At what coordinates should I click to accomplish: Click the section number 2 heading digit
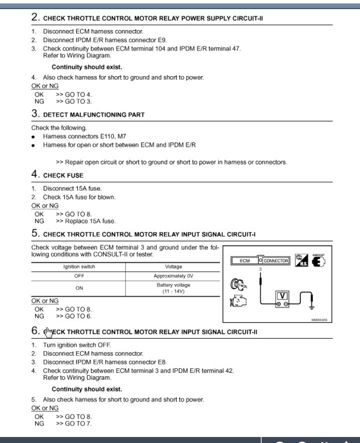(35, 17)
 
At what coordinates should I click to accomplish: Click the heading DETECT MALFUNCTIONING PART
(93, 115)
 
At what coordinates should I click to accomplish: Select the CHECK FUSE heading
(63, 175)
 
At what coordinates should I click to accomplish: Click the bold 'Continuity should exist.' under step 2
(87, 67)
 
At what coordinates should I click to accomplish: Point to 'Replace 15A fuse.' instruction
(85, 221)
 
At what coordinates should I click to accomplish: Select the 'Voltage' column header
(173, 267)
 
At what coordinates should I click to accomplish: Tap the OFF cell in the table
(79, 276)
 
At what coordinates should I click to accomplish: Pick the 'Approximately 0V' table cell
(173, 276)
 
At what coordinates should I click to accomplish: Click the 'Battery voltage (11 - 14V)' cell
(173, 288)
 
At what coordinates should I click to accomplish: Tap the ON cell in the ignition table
(79, 288)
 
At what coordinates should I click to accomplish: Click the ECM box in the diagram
(244, 261)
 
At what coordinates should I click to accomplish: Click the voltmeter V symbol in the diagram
(282, 296)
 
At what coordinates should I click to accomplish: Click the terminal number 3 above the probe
(260, 270)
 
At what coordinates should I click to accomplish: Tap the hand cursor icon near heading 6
(48, 332)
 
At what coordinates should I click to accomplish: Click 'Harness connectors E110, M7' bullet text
(81, 136)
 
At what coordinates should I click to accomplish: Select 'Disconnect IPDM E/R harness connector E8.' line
(105, 362)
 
